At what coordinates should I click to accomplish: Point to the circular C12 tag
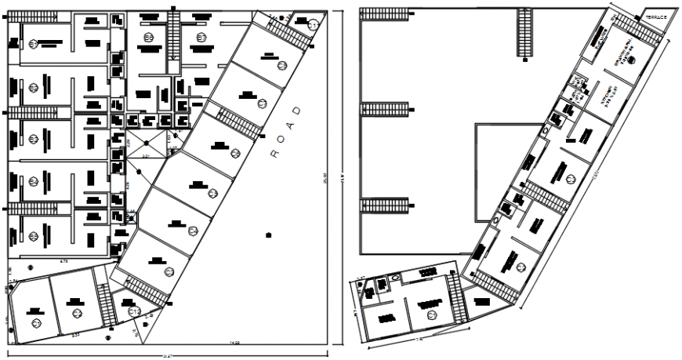[x=134, y=312]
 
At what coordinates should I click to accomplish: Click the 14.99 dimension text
[x=234, y=342]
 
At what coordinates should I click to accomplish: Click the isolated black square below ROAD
[x=269, y=234]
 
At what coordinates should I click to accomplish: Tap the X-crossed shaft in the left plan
[x=146, y=146]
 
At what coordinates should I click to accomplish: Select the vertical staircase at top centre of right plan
[x=524, y=31]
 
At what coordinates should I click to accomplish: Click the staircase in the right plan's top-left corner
[x=385, y=12]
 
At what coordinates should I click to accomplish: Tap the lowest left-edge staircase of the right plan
[x=383, y=205]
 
